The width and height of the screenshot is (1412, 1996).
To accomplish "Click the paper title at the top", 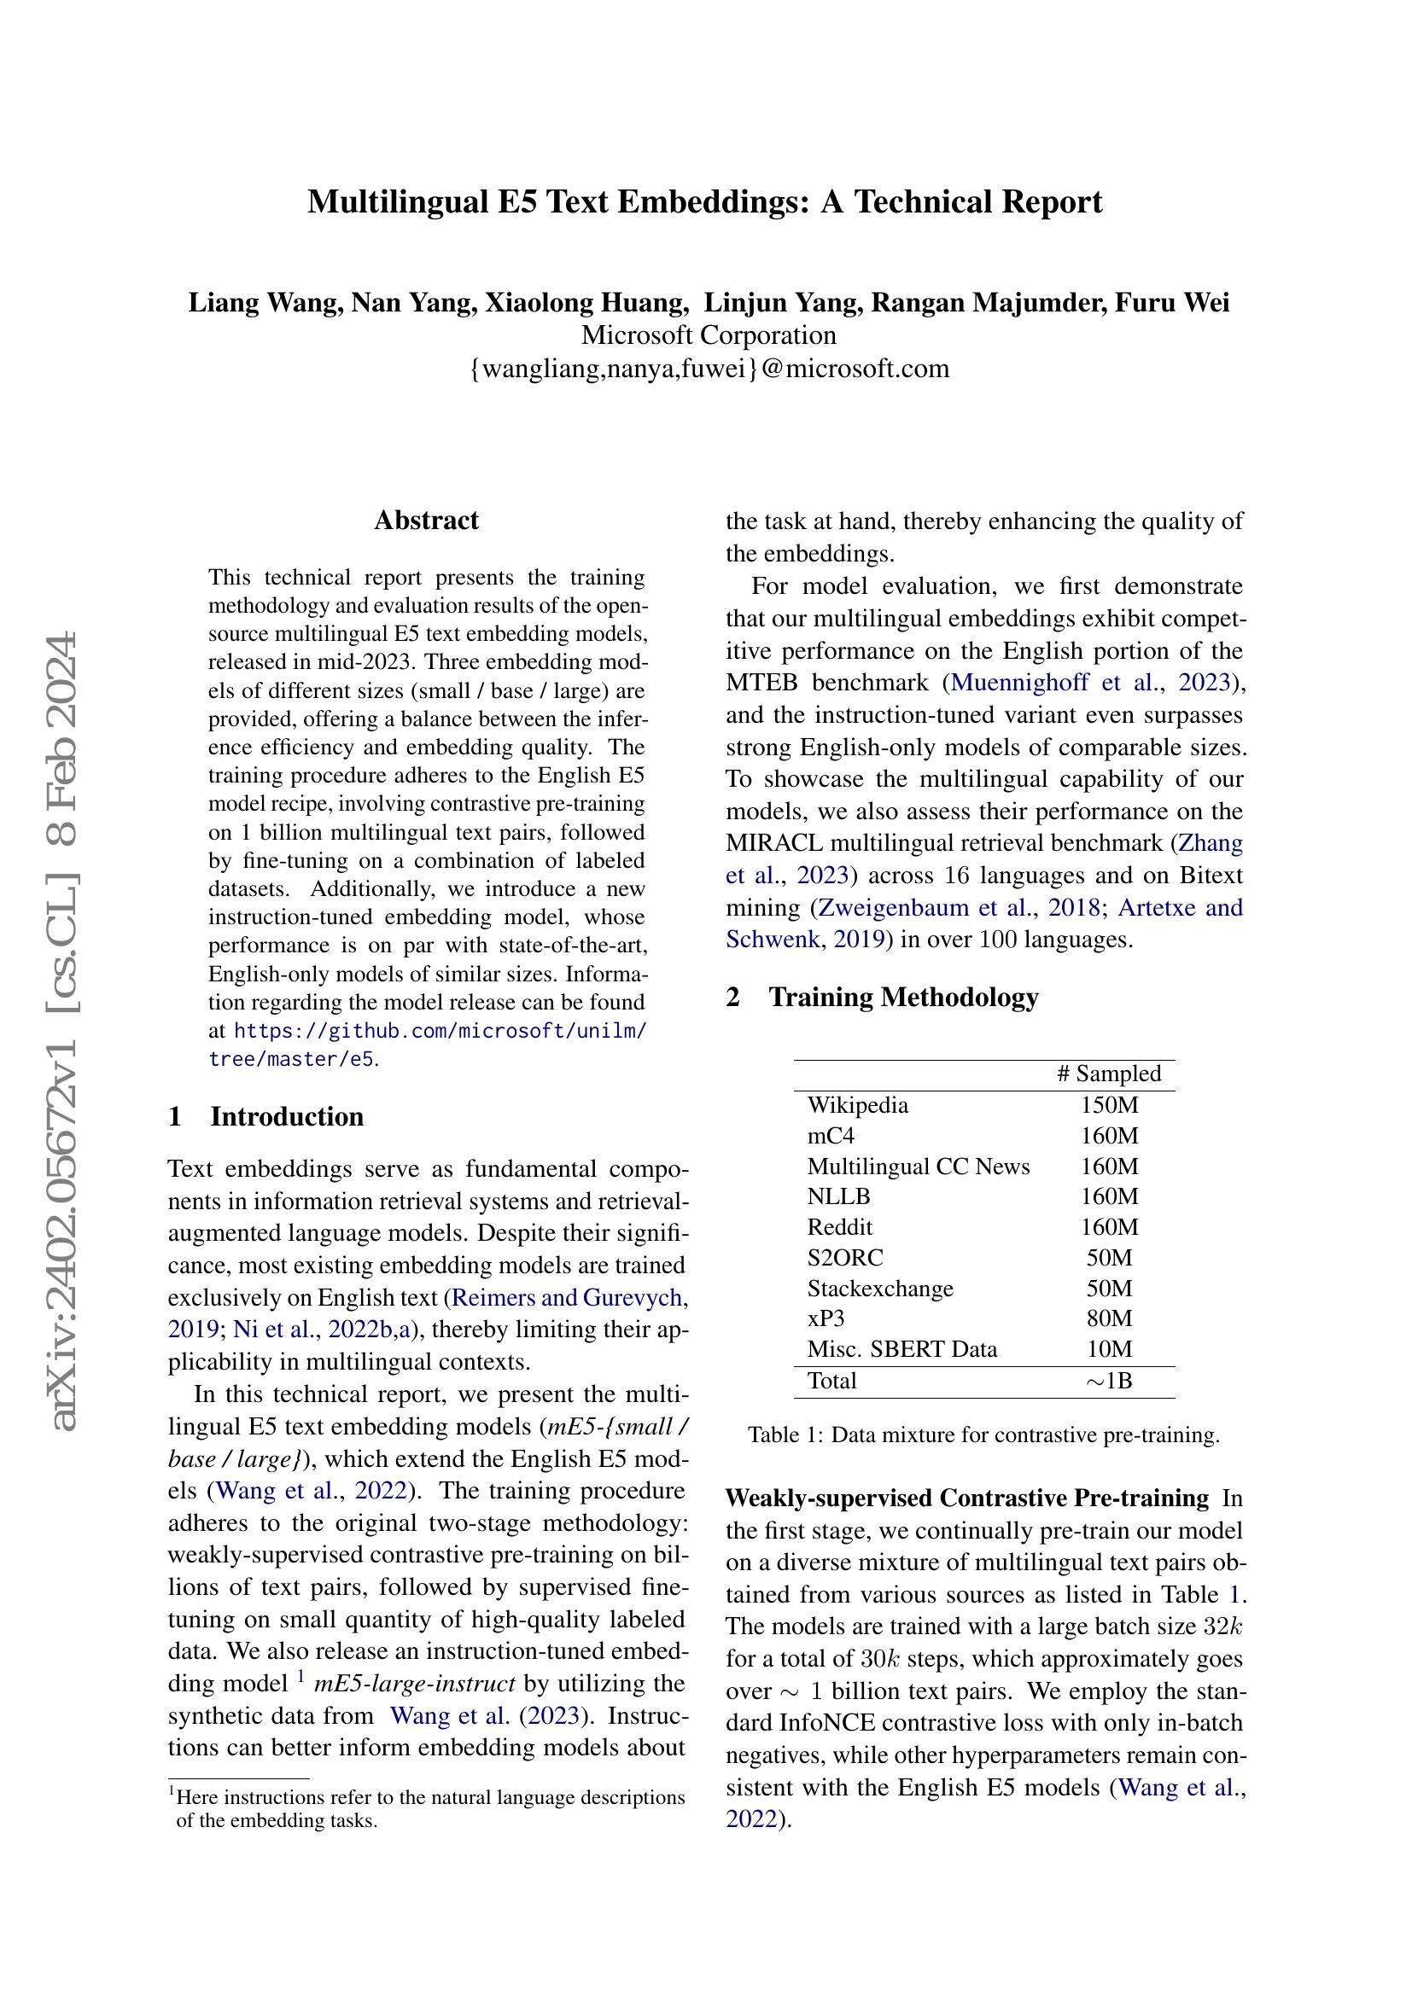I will pos(705,201).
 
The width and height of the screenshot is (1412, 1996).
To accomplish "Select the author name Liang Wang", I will pos(262,303).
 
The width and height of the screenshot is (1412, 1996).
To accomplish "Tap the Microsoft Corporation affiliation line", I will pos(709,335).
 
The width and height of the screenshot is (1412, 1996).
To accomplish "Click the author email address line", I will pos(709,369).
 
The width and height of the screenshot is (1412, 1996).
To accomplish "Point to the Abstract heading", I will pos(426,520).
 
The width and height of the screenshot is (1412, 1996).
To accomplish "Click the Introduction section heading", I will pos(286,1116).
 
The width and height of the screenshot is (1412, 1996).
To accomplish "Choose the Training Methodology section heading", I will pos(902,996).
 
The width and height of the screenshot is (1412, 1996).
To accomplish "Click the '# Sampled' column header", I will pos(1109,1074).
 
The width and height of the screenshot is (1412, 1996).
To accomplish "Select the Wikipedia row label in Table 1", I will pos(857,1105).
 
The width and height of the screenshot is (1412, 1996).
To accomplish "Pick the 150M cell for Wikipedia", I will pos(1110,1105).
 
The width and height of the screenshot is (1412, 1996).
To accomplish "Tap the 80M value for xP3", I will pos(1110,1318).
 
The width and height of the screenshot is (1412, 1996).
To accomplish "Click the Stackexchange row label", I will pos(880,1289).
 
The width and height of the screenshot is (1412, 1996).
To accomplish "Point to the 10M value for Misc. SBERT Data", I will pos(1110,1349).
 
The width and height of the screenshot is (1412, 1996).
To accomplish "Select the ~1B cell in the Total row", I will pos(1110,1381).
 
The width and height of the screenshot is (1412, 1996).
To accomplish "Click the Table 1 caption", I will pos(983,1434).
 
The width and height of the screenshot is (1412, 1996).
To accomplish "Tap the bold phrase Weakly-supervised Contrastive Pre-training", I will pos(967,1498).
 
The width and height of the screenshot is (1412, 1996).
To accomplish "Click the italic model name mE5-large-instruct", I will pos(415,1684).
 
